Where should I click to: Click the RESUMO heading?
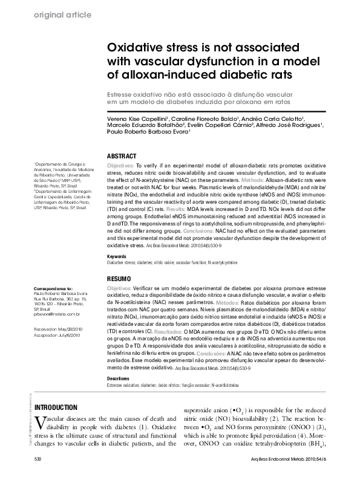pyautogui.click(x=119, y=279)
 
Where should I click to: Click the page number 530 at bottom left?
pyautogui.click(x=38, y=460)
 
